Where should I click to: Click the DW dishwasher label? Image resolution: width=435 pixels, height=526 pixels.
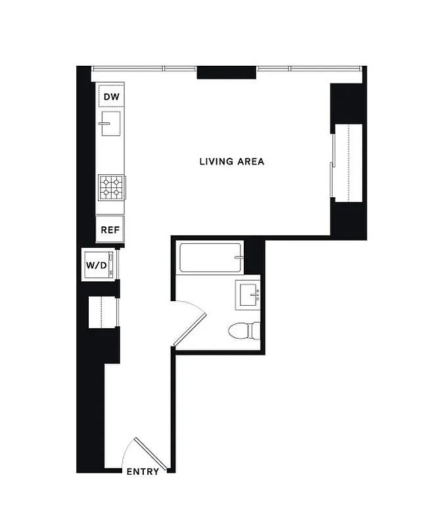click(x=111, y=97)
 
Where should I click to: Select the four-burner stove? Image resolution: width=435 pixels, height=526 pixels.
click(x=111, y=187)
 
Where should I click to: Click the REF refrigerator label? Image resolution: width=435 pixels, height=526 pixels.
click(x=110, y=230)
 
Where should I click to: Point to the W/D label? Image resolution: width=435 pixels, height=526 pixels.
click(x=96, y=266)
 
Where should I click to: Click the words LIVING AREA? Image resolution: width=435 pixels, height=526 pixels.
click(x=231, y=161)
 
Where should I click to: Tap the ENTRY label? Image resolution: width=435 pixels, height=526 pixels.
click(x=143, y=471)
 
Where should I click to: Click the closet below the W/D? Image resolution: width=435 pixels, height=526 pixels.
click(x=103, y=311)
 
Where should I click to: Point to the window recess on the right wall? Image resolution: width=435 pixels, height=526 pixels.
click(x=349, y=162)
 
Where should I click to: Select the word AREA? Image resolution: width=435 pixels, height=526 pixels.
click(x=251, y=161)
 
